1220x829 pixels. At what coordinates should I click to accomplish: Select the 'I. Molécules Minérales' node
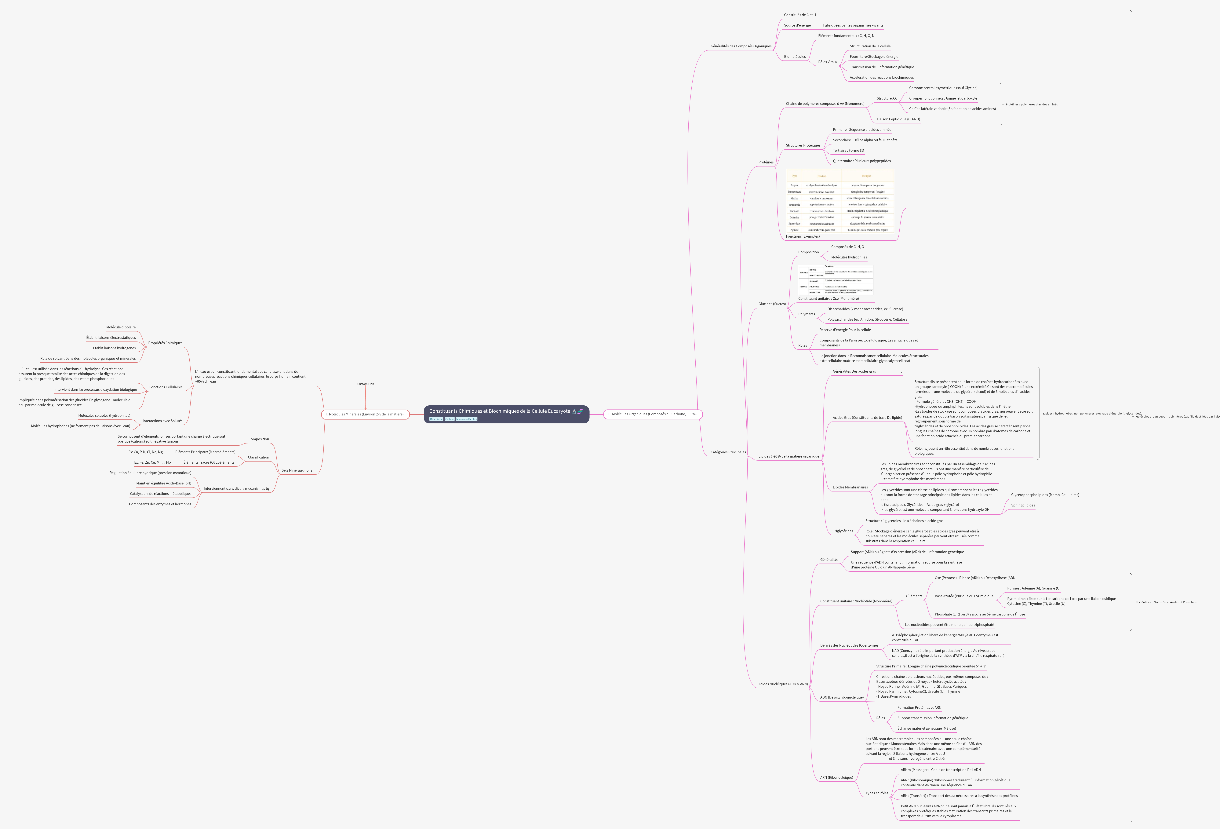click(365, 414)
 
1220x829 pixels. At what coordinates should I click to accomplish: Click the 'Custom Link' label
click(365, 384)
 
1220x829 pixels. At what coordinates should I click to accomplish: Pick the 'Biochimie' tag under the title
click(436, 419)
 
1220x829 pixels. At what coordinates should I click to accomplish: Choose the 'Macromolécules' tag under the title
click(466, 419)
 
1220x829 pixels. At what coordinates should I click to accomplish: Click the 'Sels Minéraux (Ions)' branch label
click(297, 470)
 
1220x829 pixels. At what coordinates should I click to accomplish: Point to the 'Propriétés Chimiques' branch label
click(165, 343)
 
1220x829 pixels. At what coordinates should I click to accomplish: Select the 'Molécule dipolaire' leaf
click(121, 327)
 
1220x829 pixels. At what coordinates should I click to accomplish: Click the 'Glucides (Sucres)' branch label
click(772, 304)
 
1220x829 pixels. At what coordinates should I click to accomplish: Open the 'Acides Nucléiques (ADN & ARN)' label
click(783, 684)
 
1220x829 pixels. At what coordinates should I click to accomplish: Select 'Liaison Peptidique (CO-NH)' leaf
click(898, 119)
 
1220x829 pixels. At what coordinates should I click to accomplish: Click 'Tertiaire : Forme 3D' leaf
click(848, 151)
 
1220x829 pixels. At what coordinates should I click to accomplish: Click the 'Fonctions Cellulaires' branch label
click(166, 387)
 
